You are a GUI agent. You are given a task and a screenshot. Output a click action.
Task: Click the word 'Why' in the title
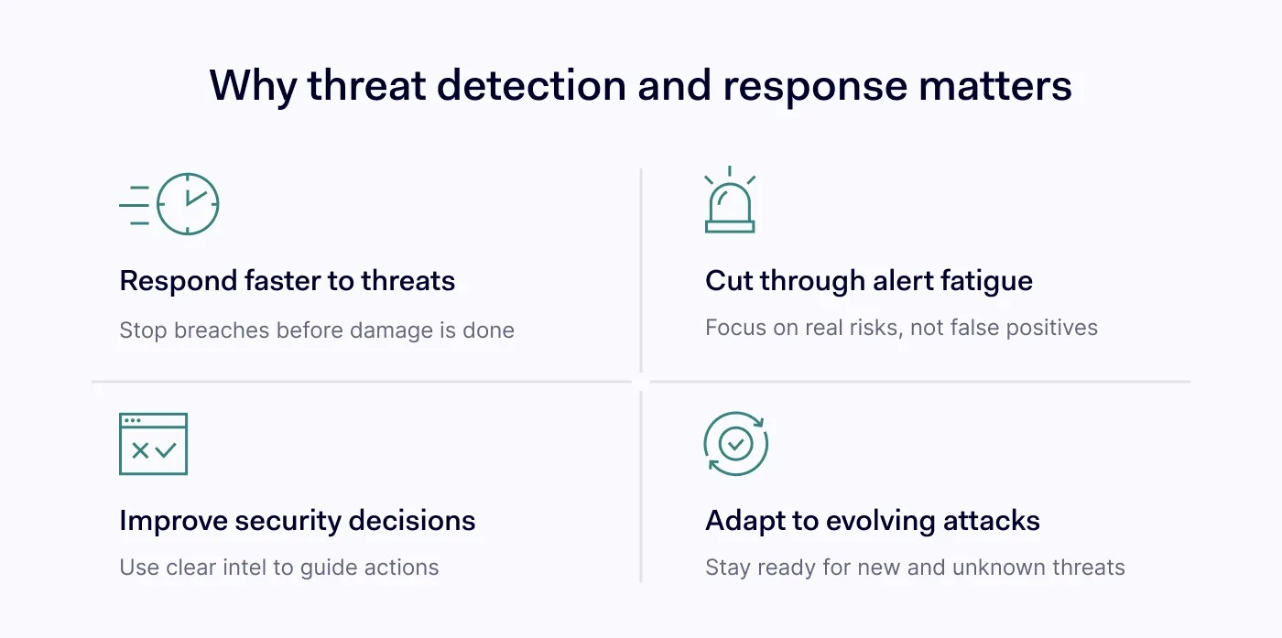[x=253, y=86]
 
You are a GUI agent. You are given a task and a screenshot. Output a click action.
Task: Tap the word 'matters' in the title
[x=995, y=86]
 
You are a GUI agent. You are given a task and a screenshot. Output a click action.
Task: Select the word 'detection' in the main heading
[x=532, y=85]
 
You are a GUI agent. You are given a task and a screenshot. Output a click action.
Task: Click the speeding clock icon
[x=168, y=204]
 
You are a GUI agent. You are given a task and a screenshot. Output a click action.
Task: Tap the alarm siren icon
[x=730, y=200]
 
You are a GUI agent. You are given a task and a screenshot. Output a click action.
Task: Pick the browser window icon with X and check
[x=154, y=444]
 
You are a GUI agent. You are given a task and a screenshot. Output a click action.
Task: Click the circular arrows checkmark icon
[x=736, y=443]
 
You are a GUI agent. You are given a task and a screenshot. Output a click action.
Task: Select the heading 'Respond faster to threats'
[x=288, y=280]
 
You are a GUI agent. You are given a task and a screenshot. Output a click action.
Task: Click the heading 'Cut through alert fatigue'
[x=869, y=280]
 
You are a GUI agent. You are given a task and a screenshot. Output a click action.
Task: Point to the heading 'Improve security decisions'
[x=298, y=520]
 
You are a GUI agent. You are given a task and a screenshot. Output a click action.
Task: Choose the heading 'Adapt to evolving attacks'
[x=873, y=520]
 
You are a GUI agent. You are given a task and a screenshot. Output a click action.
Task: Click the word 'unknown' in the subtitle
[x=999, y=567]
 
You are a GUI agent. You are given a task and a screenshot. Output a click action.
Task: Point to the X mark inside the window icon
[x=140, y=450]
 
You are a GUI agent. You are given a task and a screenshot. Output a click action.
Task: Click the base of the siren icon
[x=730, y=227]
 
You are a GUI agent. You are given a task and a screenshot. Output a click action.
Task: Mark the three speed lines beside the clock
[x=135, y=205]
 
